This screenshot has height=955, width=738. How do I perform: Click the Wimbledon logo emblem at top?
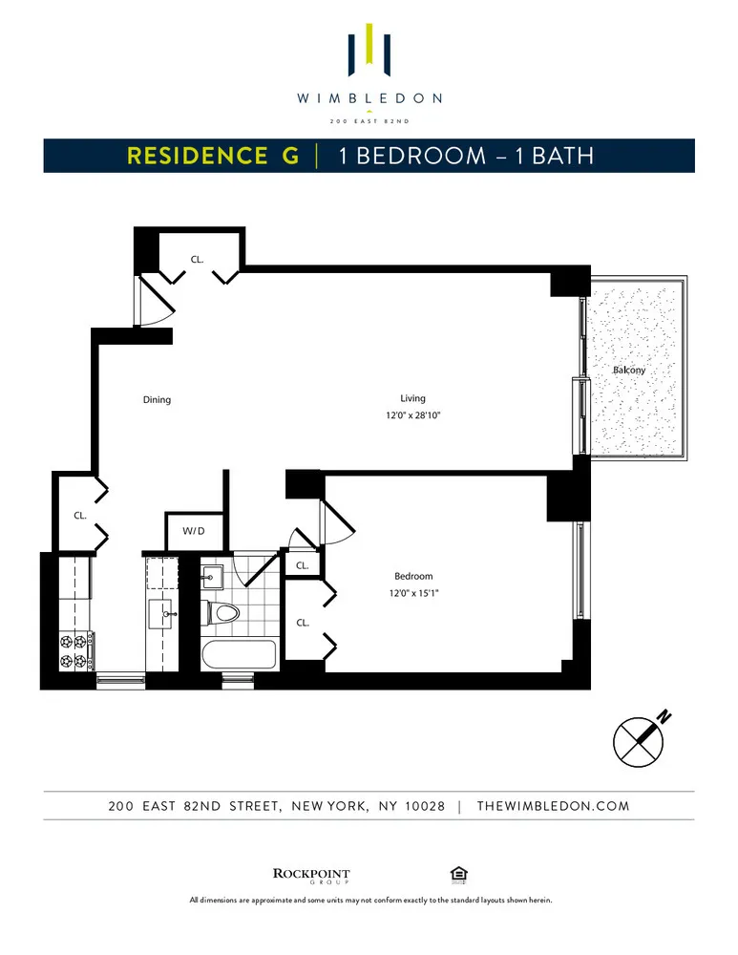point(369,51)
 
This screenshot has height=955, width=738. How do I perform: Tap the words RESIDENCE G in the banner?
point(213,156)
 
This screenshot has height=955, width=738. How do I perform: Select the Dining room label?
point(157,400)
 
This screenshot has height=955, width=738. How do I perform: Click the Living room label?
point(412,398)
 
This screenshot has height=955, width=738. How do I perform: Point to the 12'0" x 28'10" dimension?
point(412,415)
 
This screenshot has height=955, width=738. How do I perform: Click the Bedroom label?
point(413,576)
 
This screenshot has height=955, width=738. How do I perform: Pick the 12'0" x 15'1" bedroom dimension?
point(413,593)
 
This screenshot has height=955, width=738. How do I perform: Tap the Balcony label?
point(628,370)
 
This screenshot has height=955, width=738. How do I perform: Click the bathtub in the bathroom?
point(239,655)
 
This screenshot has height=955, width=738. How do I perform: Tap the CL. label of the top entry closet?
point(197,258)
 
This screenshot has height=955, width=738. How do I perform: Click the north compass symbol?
point(638,741)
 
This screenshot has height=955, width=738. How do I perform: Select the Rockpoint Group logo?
point(311,875)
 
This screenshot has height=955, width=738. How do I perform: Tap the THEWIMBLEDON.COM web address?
point(553,806)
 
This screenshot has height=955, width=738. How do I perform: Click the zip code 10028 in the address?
point(424,806)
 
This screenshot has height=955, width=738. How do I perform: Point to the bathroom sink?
point(213,576)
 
